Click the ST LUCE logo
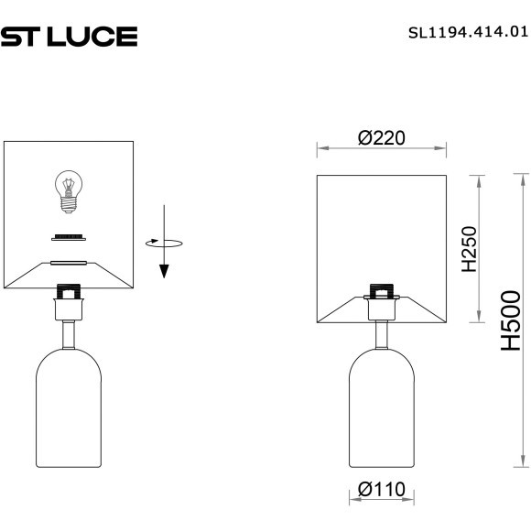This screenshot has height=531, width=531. [69, 36]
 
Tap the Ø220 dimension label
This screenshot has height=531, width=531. [382, 137]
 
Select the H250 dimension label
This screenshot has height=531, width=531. [468, 249]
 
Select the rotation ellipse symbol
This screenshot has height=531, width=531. [164, 243]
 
